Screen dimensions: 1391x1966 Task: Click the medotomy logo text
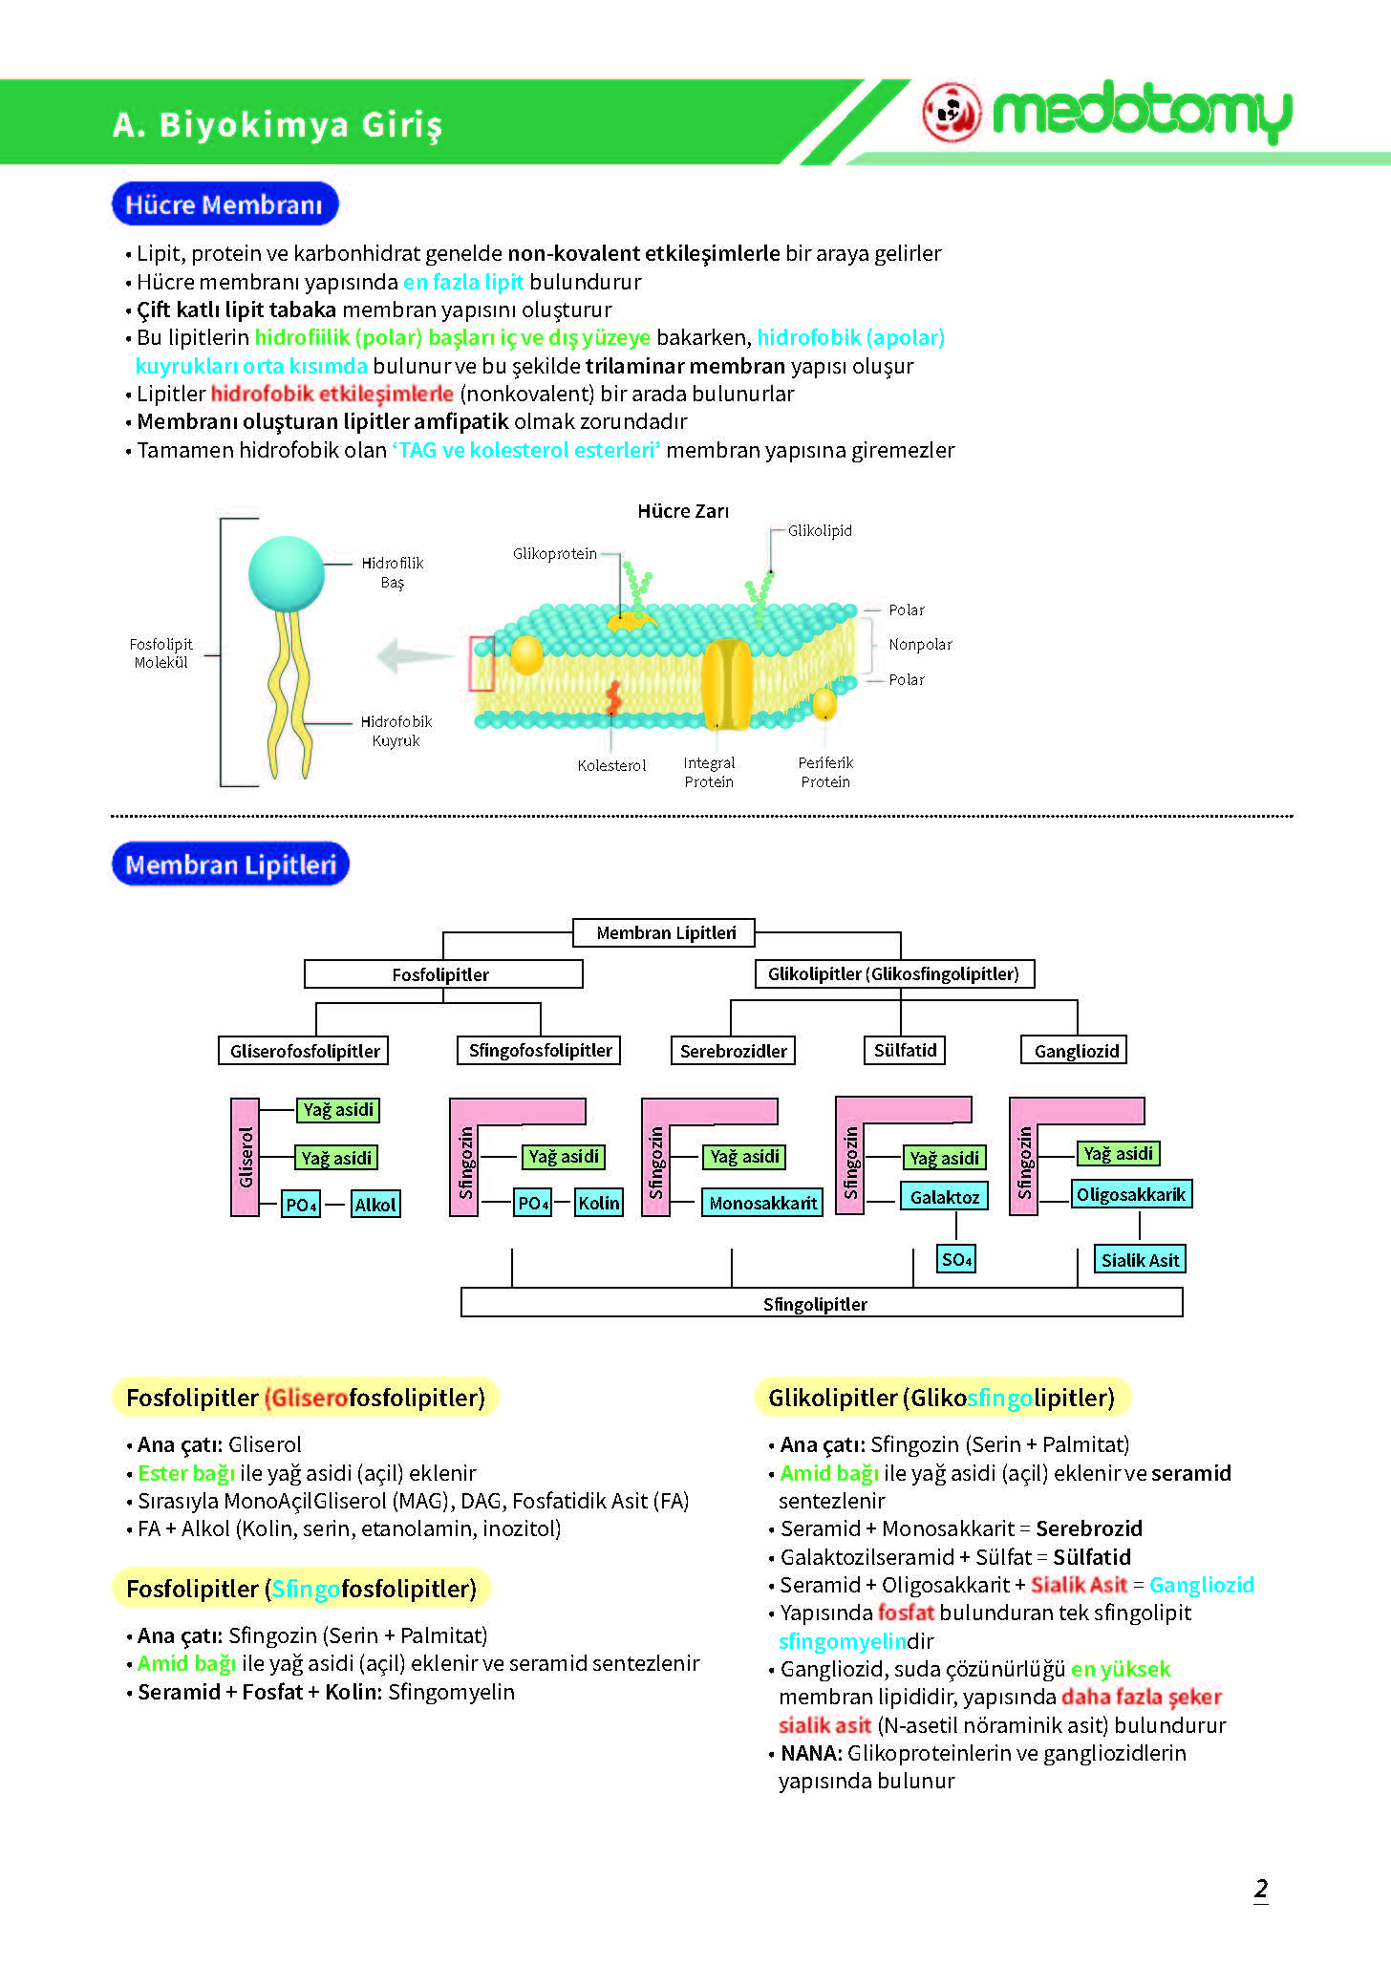(x=1142, y=113)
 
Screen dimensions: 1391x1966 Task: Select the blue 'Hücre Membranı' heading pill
(x=225, y=203)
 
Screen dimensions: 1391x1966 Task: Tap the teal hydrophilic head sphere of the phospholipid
(x=286, y=573)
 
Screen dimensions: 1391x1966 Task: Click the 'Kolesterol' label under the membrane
(x=611, y=765)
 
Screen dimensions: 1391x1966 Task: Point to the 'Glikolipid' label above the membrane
(x=820, y=530)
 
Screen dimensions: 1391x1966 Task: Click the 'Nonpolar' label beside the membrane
(x=920, y=644)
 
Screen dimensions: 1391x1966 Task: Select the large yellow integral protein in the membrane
(x=727, y=684)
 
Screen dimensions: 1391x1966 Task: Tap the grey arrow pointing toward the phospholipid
(x=416, y=656)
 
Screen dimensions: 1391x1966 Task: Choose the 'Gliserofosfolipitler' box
(x=304, y=1051)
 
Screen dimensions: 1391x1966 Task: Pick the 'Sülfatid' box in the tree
(x=905, y=1050)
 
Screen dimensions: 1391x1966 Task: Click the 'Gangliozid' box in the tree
(x=1075, y=1051)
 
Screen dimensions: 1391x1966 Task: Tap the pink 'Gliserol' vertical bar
(x=246, y=1157)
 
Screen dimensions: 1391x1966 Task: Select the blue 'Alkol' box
(x=375, y=1205)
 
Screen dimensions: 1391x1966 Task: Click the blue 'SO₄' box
(x=956, y=1259)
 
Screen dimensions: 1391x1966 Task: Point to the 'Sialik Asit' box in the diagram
(x=1140, y=1260)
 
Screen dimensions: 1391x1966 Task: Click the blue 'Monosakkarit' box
(x=762, y=1203)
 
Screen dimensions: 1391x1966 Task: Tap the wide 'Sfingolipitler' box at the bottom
(x=822, y=1302)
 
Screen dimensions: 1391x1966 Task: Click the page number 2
(x=1261, y=1889)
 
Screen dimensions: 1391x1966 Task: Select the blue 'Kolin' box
(x=599, y=1203)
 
